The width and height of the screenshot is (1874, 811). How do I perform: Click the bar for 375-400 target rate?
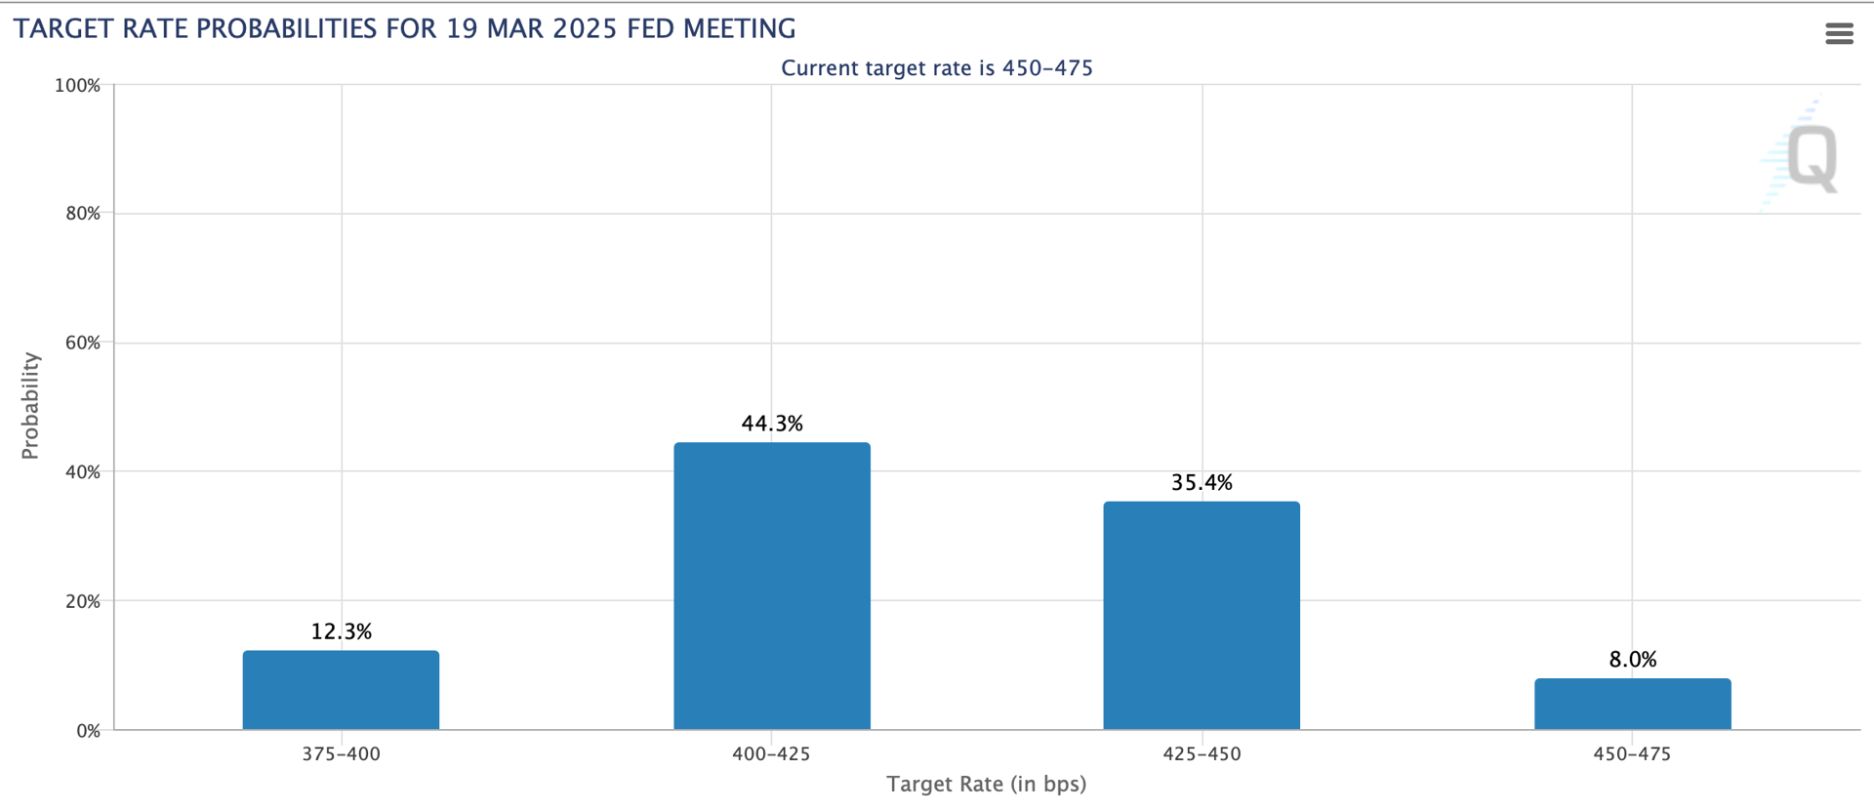click(x=341, y=690)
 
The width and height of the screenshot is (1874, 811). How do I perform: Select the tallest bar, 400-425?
click(x=772, y=587)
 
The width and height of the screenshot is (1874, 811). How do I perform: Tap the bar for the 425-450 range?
click(x=1202, y=616)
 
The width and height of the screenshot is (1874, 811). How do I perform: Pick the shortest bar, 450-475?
click(x=1633, y=704)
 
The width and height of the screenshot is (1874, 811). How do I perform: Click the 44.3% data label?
click(x=772, y=424)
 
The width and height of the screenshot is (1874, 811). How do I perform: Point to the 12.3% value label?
click(x=342, y=631)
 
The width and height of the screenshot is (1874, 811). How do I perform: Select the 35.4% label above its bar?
click(x=1202, y=482)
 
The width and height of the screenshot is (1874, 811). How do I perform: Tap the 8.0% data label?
click(x=1633, y=660)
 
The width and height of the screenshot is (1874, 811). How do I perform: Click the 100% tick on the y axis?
click(x=77, y=86)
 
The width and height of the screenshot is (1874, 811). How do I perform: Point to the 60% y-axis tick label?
click(x=83, y=343)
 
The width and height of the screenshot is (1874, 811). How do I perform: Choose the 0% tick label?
click(x=88, y=731)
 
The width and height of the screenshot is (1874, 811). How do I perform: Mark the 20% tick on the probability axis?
click(x=83, y=601)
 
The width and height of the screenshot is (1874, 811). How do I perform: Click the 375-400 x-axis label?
click(x=341, y=753)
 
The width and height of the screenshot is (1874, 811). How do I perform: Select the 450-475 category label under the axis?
click(x=1632, y=753)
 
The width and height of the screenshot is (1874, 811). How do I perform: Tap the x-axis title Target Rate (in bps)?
click(x=986, y=784)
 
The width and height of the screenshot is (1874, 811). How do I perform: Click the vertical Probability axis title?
click(x=30, y=406)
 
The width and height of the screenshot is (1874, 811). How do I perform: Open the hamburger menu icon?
click(x=1839, y=34)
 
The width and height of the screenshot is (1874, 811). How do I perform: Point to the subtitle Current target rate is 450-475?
click(x=937, y=68)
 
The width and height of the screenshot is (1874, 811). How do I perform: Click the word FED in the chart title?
click(x=651, y=29)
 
